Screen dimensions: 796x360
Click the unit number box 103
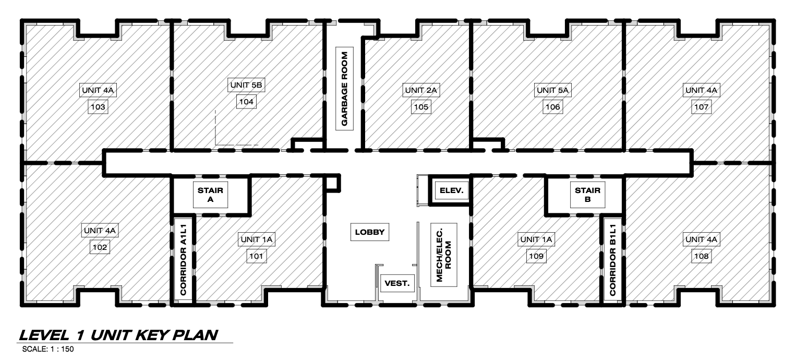click(x=98, y=106)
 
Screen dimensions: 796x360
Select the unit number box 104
click(x=246, y=102)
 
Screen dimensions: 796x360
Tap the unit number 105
click(x=421, y=106)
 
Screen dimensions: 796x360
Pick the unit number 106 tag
click(x=552, y=106)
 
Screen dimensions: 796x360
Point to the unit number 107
click(x=702, y=106)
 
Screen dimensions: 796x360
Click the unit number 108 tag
click(x=702, y=256)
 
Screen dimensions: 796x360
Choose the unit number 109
click(x=536, y=256)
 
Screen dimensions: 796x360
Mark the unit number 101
click(x=257, y=256)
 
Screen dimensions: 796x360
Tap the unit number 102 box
click(x=100, y=247)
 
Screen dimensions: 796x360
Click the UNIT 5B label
click(x=246, y=85)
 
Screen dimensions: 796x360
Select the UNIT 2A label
click(x=421, y=90)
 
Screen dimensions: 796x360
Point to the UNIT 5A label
click(x=552, y=90)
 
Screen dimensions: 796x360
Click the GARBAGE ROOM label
click(x=344, y=89)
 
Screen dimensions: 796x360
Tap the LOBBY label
click(x=370, y=232)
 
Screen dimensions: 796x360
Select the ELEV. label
click(x=452, y=190)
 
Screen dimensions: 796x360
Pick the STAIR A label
click(x=210, y=195)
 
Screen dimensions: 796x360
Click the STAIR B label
click(x=588, y=195)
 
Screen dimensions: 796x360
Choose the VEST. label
click(x=397, y=283)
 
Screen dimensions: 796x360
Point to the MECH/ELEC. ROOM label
click(x=444, y=255)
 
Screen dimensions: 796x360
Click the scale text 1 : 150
click(x=62, y=349)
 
